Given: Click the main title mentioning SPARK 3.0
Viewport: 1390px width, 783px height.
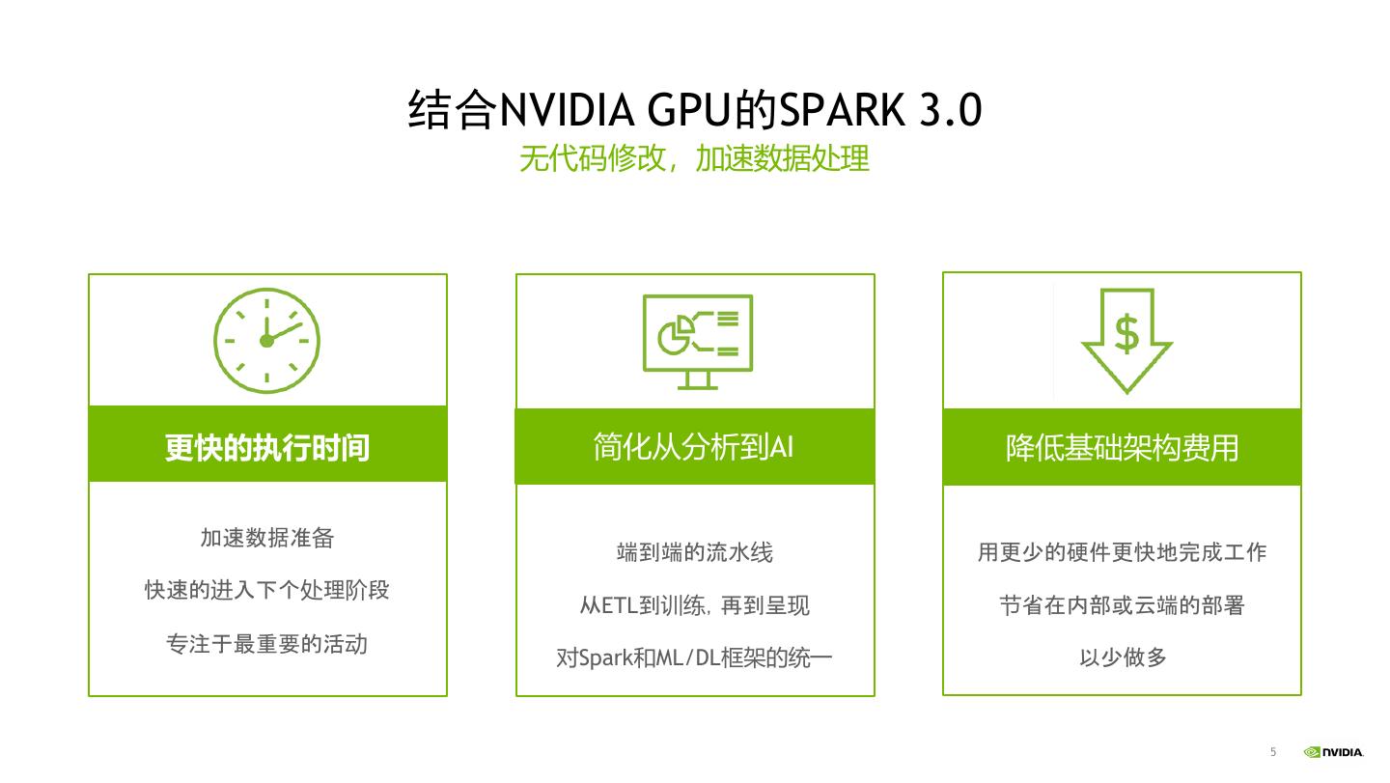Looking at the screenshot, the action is click(694, 110).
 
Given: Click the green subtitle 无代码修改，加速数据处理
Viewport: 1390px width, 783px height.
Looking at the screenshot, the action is click(694, 158).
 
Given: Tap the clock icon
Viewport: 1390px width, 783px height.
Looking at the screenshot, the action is click(266, 340).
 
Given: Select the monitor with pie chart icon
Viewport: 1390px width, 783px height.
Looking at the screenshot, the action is click(697, 342).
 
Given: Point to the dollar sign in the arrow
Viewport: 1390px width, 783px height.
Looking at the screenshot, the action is click(1126, 333).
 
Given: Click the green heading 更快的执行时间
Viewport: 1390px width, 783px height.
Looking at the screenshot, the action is click(267, 447).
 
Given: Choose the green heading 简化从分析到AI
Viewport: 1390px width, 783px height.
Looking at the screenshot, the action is click(693, 447).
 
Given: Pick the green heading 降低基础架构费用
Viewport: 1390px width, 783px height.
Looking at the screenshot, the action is click(1122, 448).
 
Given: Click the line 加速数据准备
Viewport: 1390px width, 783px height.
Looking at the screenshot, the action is click(267, 538).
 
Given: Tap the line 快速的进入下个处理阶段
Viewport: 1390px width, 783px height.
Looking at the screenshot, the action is click(267, 590).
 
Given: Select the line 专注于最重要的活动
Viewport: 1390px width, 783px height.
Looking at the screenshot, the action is click(267, 643).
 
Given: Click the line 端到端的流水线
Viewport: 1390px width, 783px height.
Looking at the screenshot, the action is click(694, 552).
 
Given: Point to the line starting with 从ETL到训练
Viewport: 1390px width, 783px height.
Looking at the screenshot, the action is click(694, 605).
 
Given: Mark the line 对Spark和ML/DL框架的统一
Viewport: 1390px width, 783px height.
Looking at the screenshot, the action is click(694, 657).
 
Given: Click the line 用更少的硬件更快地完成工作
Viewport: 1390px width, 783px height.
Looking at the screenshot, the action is click(1122, 552).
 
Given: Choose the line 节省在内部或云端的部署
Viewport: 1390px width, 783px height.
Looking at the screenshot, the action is click(1122, 605).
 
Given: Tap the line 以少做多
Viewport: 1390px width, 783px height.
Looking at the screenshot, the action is click(1123, 657).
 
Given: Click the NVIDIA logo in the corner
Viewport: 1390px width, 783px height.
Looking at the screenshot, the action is click(1333, 752).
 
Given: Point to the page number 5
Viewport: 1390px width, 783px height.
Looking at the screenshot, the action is click(1273, 752).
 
